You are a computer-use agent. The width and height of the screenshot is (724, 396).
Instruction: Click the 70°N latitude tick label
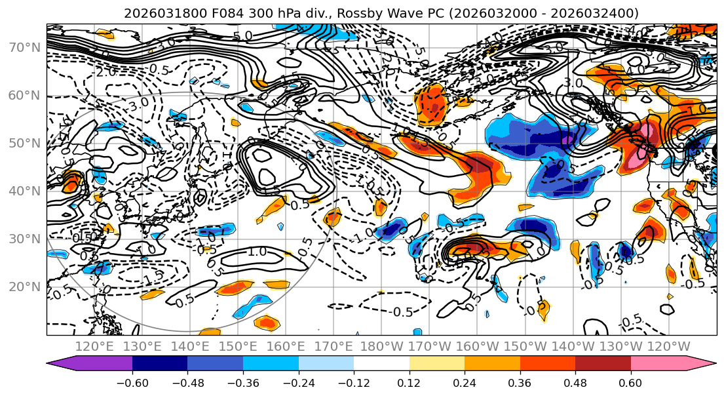tap(24, 47)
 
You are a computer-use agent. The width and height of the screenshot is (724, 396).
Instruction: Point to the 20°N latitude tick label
tap(24, 287)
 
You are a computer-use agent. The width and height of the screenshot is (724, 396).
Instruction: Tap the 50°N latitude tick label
tap(24, 143)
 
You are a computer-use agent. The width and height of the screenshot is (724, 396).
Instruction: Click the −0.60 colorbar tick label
tap(132, 382)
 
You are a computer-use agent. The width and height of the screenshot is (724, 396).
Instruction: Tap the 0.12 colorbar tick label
tap(409, 382)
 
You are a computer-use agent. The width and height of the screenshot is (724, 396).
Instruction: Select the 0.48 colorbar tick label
tap(575, 382)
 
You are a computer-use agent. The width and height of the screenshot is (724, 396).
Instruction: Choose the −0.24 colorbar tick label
tap(298, 382)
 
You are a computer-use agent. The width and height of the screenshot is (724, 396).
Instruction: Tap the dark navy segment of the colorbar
tap(160, 364)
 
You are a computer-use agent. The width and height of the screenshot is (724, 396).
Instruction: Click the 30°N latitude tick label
tap(24, 239)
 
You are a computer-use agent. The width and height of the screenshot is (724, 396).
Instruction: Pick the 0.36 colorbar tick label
tap(520, 382)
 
